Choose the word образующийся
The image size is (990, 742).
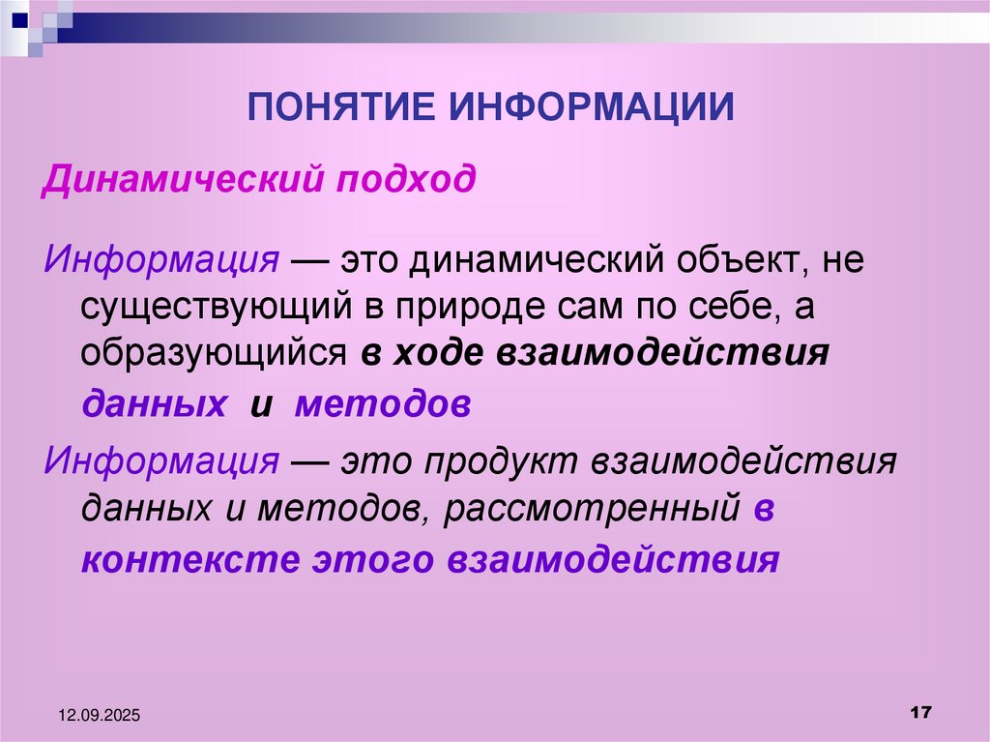(214, 355)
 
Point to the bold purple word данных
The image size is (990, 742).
(155, 403)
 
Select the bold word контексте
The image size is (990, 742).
(189, 560)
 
